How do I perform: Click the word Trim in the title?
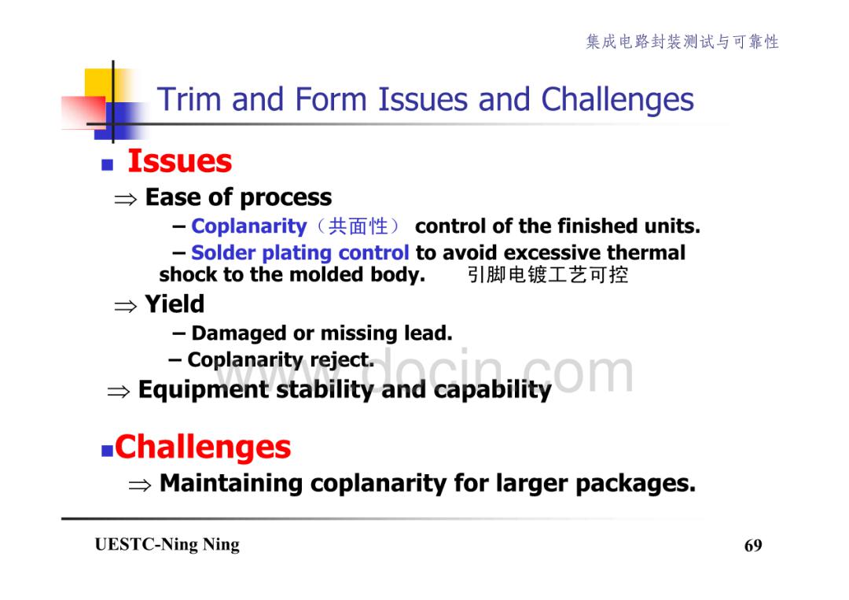coord(189,100)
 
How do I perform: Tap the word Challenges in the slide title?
coord(617,101)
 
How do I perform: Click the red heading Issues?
coord(180,161)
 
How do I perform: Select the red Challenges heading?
coord(203,447)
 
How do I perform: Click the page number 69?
coord(753,545)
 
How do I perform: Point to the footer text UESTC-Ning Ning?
coord(167,544)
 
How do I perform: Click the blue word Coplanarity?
coord(249,226)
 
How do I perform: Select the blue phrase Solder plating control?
coord(300,253)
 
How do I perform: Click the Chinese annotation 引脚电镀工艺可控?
coord(548,275)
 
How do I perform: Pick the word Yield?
coord(175,304)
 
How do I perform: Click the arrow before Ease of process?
coord(126,200)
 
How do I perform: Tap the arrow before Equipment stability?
coord(119,392)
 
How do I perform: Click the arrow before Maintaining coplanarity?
coord(140,485)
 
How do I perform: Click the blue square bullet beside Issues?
coord(107,164)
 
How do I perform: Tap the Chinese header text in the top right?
coord(682,42)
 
